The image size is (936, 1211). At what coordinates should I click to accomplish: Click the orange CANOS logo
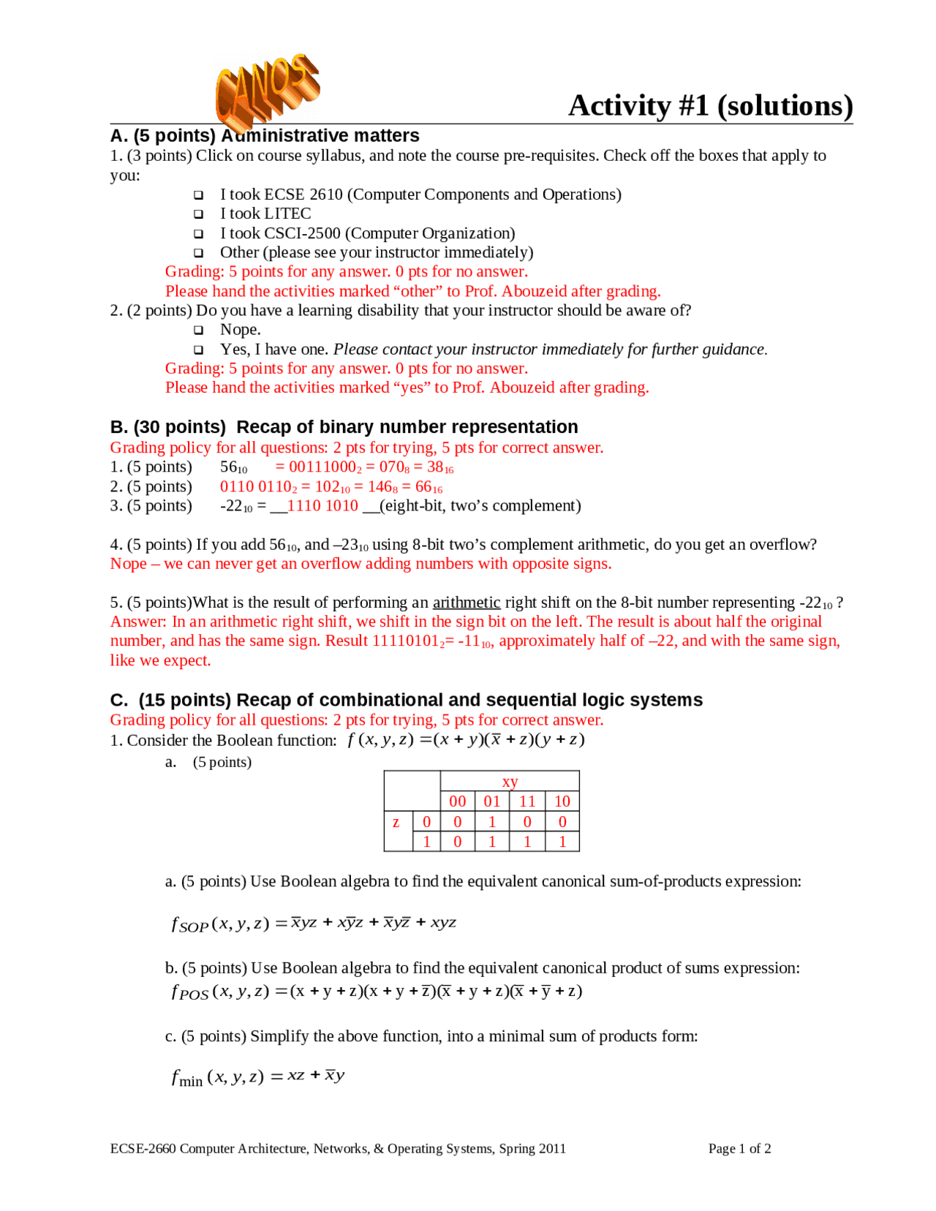coord(266,89)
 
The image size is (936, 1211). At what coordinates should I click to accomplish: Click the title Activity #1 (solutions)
coord(710,105)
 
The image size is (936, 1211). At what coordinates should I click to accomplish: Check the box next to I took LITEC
coord(198,214)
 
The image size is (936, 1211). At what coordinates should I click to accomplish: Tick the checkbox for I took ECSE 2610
coord(198,195)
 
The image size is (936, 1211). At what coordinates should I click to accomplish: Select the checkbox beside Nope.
coord(198,331)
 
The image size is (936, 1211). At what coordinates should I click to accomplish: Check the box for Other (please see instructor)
coord(198,253)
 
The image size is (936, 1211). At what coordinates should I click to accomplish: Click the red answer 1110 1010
coord(322,505)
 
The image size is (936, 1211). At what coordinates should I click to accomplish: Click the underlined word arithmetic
coord(466,602)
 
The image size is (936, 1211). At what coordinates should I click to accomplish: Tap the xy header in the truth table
coord(510,781)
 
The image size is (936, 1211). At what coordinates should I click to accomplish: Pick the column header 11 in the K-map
coord(526,801)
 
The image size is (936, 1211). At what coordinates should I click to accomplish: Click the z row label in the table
coord(396,822)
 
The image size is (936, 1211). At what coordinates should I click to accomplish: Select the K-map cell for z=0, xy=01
coord(492,822)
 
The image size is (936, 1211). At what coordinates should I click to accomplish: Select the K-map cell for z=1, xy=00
coord(458,842)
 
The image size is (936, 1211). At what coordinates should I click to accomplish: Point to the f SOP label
coord(189,924)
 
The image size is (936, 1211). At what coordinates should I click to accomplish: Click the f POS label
coord(189,992)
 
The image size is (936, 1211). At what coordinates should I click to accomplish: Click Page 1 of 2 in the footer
coord(739,1148)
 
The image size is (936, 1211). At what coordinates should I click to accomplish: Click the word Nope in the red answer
coord(128,563)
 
